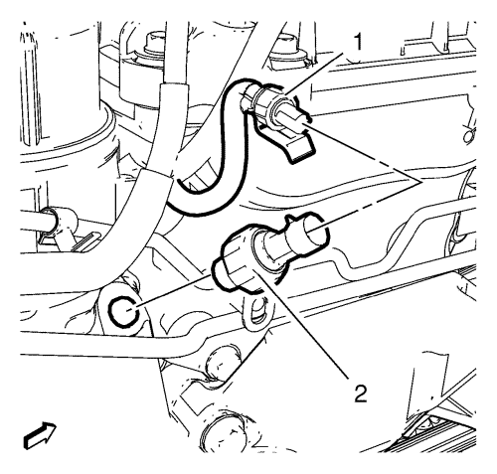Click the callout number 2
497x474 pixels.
coord(361,394)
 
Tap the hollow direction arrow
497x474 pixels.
coord(40,435)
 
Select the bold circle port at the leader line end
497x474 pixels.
coord(122,312)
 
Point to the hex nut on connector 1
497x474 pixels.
coord(265,102)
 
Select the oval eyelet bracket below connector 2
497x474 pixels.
coord(257,311)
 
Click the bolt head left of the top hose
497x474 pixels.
coord(153,42)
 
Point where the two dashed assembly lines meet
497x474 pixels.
coord(419,182)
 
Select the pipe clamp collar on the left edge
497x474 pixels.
coord(60,222)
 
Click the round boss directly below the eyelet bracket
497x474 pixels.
coord(222,363)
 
